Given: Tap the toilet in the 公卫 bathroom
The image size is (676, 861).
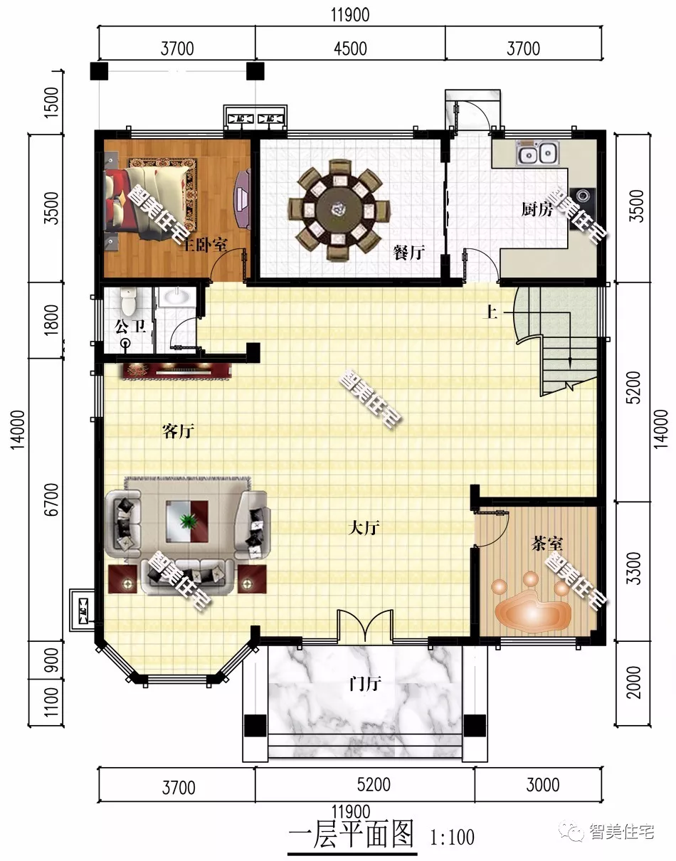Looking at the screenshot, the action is click(x=128, y=300).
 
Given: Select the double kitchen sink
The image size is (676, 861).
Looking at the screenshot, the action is click(x=537, y=152).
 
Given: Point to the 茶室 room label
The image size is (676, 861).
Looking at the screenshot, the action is click(x=546, y=543).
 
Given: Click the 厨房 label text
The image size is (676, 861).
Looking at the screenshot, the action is click(x=537, y=209).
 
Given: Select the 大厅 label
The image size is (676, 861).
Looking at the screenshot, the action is click(x=364, y=528).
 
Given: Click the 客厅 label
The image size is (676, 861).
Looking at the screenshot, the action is click(x=178, y=431).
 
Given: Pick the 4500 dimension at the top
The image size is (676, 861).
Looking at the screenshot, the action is click(x=350, y=48).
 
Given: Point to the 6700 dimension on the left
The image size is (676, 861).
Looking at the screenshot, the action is click(x=51, y=500).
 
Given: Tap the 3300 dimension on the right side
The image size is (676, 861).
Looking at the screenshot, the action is click(x=633, y=568).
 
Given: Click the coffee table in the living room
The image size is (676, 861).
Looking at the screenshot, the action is click(x=187, y=521).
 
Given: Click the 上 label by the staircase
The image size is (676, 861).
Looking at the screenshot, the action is click(x=490, y=312).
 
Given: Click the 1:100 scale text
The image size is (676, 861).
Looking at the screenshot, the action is click(x=452, y=838).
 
